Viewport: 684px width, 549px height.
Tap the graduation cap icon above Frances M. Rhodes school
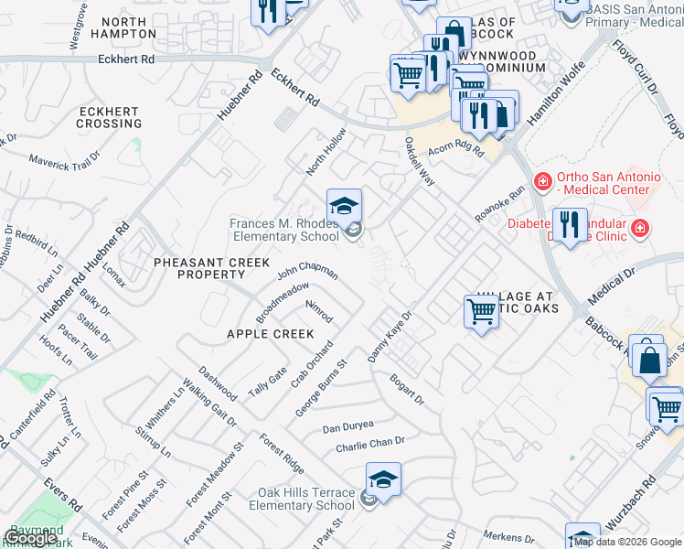coord(345,205)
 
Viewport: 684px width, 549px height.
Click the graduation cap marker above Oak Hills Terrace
coord(383,479)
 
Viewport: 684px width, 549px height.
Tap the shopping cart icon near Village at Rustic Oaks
coord(481,311)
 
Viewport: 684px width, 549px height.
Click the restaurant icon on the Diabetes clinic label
coord(571,224)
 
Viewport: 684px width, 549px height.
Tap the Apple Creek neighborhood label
coord(271,334)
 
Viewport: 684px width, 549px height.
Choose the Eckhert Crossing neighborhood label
coord(109,117)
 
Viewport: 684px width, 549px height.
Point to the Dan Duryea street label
coord(348,427)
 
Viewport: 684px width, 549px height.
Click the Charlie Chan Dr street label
coord(369,447)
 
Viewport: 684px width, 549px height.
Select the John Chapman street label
coord(307,271)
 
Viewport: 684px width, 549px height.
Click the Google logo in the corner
coord(31,537)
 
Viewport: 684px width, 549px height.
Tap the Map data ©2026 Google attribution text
coord(626,542)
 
